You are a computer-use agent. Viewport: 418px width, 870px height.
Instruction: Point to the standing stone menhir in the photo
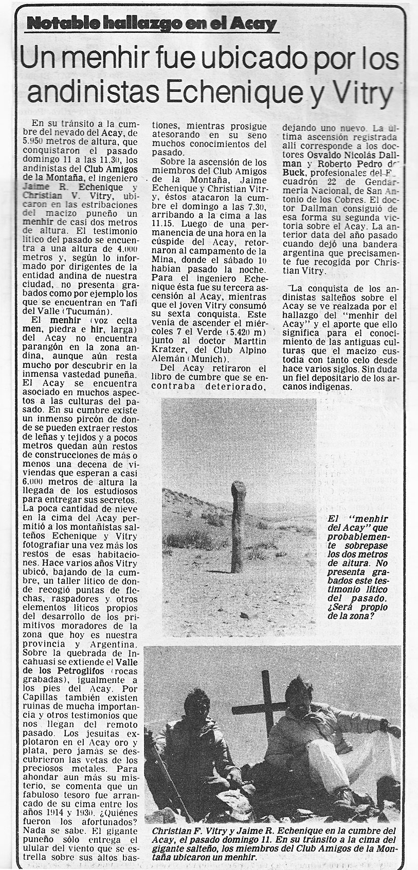239,523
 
